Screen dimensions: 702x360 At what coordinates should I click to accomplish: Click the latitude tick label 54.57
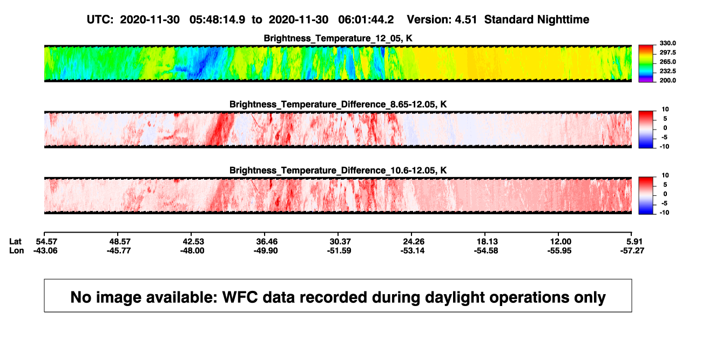47,242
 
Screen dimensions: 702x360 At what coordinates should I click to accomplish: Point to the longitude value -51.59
339,250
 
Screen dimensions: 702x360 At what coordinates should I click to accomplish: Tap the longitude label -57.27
632,250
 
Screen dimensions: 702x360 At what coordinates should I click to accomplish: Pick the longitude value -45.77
119,250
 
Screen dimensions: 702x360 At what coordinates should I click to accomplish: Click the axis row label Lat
15,242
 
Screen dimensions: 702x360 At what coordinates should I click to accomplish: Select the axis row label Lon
17,250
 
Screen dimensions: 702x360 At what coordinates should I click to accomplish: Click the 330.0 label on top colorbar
667,43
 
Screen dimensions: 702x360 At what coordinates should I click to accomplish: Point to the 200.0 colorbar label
667,80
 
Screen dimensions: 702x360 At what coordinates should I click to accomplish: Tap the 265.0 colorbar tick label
667,62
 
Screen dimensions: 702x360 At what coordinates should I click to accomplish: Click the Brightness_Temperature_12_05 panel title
338,38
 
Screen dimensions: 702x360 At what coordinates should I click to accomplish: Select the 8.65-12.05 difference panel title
338,104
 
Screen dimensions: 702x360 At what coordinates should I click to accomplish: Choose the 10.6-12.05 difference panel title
338,171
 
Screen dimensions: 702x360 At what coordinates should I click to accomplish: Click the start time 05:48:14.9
217,19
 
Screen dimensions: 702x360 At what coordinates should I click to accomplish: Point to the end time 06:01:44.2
366,19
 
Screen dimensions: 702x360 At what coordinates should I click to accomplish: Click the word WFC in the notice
240,297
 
